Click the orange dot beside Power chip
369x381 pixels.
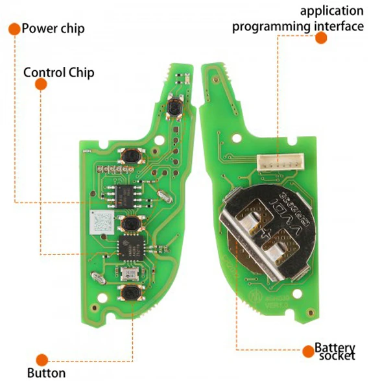(x=14, y=29)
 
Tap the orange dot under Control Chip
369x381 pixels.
(x=41, y=84)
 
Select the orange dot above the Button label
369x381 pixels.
(x=42, y=360)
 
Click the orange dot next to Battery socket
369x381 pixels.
(x=309, y=351)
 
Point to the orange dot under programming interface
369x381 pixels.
(x=321, y=38)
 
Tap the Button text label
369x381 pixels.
(x=46, y=373)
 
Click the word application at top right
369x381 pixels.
(x=331, y=12)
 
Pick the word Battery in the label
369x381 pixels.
(x=335, y=348)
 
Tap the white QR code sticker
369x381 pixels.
(x=102, y=223)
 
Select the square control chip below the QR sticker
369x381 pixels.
(x=130, y=247)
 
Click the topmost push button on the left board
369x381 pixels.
(x=174, y=108)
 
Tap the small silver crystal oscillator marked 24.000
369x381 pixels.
(x=130, y=274)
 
